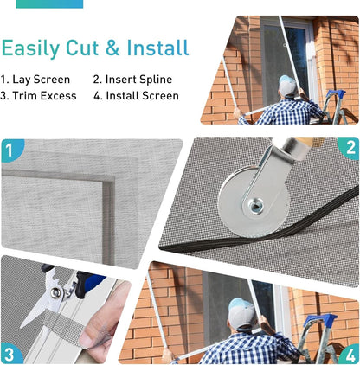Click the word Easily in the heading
pos(30,48)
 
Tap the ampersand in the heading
pos(112,48)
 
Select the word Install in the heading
pos(157,48)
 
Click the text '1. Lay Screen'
pos(35,80)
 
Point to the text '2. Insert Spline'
pos(132,80)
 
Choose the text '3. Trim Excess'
pos(38,96)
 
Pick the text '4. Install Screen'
pos(136,96)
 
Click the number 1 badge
pos(11,150)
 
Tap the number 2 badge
pos(350,148)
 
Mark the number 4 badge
pos(349,355)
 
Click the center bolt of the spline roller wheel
pos(255,206)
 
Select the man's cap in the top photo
pos(287,86)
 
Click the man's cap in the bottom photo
pos(241,313)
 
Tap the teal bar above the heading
pos(49,3)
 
